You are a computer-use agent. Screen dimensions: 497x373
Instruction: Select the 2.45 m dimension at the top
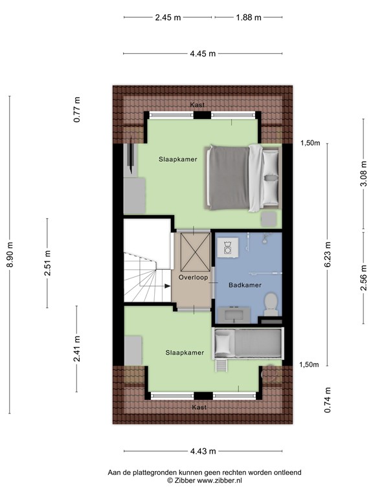point(168,17)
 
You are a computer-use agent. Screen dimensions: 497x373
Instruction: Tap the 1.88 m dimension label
point(249,17)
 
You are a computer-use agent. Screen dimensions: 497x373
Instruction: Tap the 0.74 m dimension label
point(328,400)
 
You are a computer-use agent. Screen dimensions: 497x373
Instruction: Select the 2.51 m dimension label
point(48,264)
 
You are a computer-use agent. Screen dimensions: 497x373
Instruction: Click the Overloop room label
point(192,277)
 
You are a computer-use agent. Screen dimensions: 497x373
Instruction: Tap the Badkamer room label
point(244,284)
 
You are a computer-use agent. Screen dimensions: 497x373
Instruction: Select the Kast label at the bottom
point(199,407)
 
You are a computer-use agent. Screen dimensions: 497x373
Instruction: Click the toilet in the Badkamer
point(271,302)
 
